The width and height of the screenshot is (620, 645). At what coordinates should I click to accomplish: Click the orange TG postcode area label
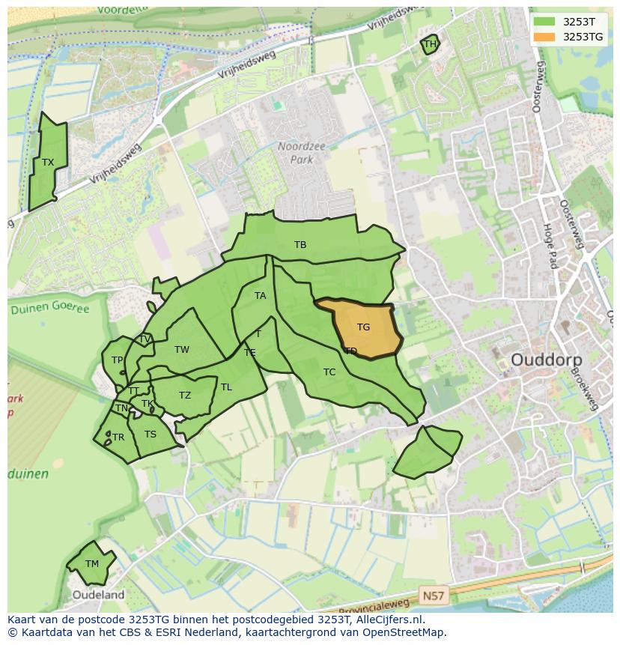(363, 327)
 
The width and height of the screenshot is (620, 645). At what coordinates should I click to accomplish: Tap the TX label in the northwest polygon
(48, 163)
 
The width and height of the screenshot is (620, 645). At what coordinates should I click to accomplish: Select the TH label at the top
(430, 44)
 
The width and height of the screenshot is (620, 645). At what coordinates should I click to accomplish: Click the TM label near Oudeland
(91, 564)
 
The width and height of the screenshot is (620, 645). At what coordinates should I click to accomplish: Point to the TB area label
(300, 245)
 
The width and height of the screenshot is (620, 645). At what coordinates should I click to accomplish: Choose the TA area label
(260, 296)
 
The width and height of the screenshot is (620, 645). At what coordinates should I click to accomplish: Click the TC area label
(329, 372)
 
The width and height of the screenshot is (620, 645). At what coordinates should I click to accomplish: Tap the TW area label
(182, 350)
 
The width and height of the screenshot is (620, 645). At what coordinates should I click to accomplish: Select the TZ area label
(185, 396)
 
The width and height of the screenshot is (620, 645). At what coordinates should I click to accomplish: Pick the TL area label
(226, 387)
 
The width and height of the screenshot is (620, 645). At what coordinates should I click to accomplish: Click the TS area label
(151, 434)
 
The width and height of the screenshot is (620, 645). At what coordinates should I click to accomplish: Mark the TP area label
(117, 360)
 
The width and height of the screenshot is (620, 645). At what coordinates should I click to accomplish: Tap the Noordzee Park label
(301, 153)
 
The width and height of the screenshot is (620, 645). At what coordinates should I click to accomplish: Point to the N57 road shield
(432, 596)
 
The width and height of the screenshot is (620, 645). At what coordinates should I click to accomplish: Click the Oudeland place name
(98, 595)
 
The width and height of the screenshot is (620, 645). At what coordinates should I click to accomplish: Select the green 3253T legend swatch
(544, 22)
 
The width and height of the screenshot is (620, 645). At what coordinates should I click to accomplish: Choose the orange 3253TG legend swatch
(544, 37)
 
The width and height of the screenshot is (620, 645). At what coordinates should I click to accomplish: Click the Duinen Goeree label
(49, 309)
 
